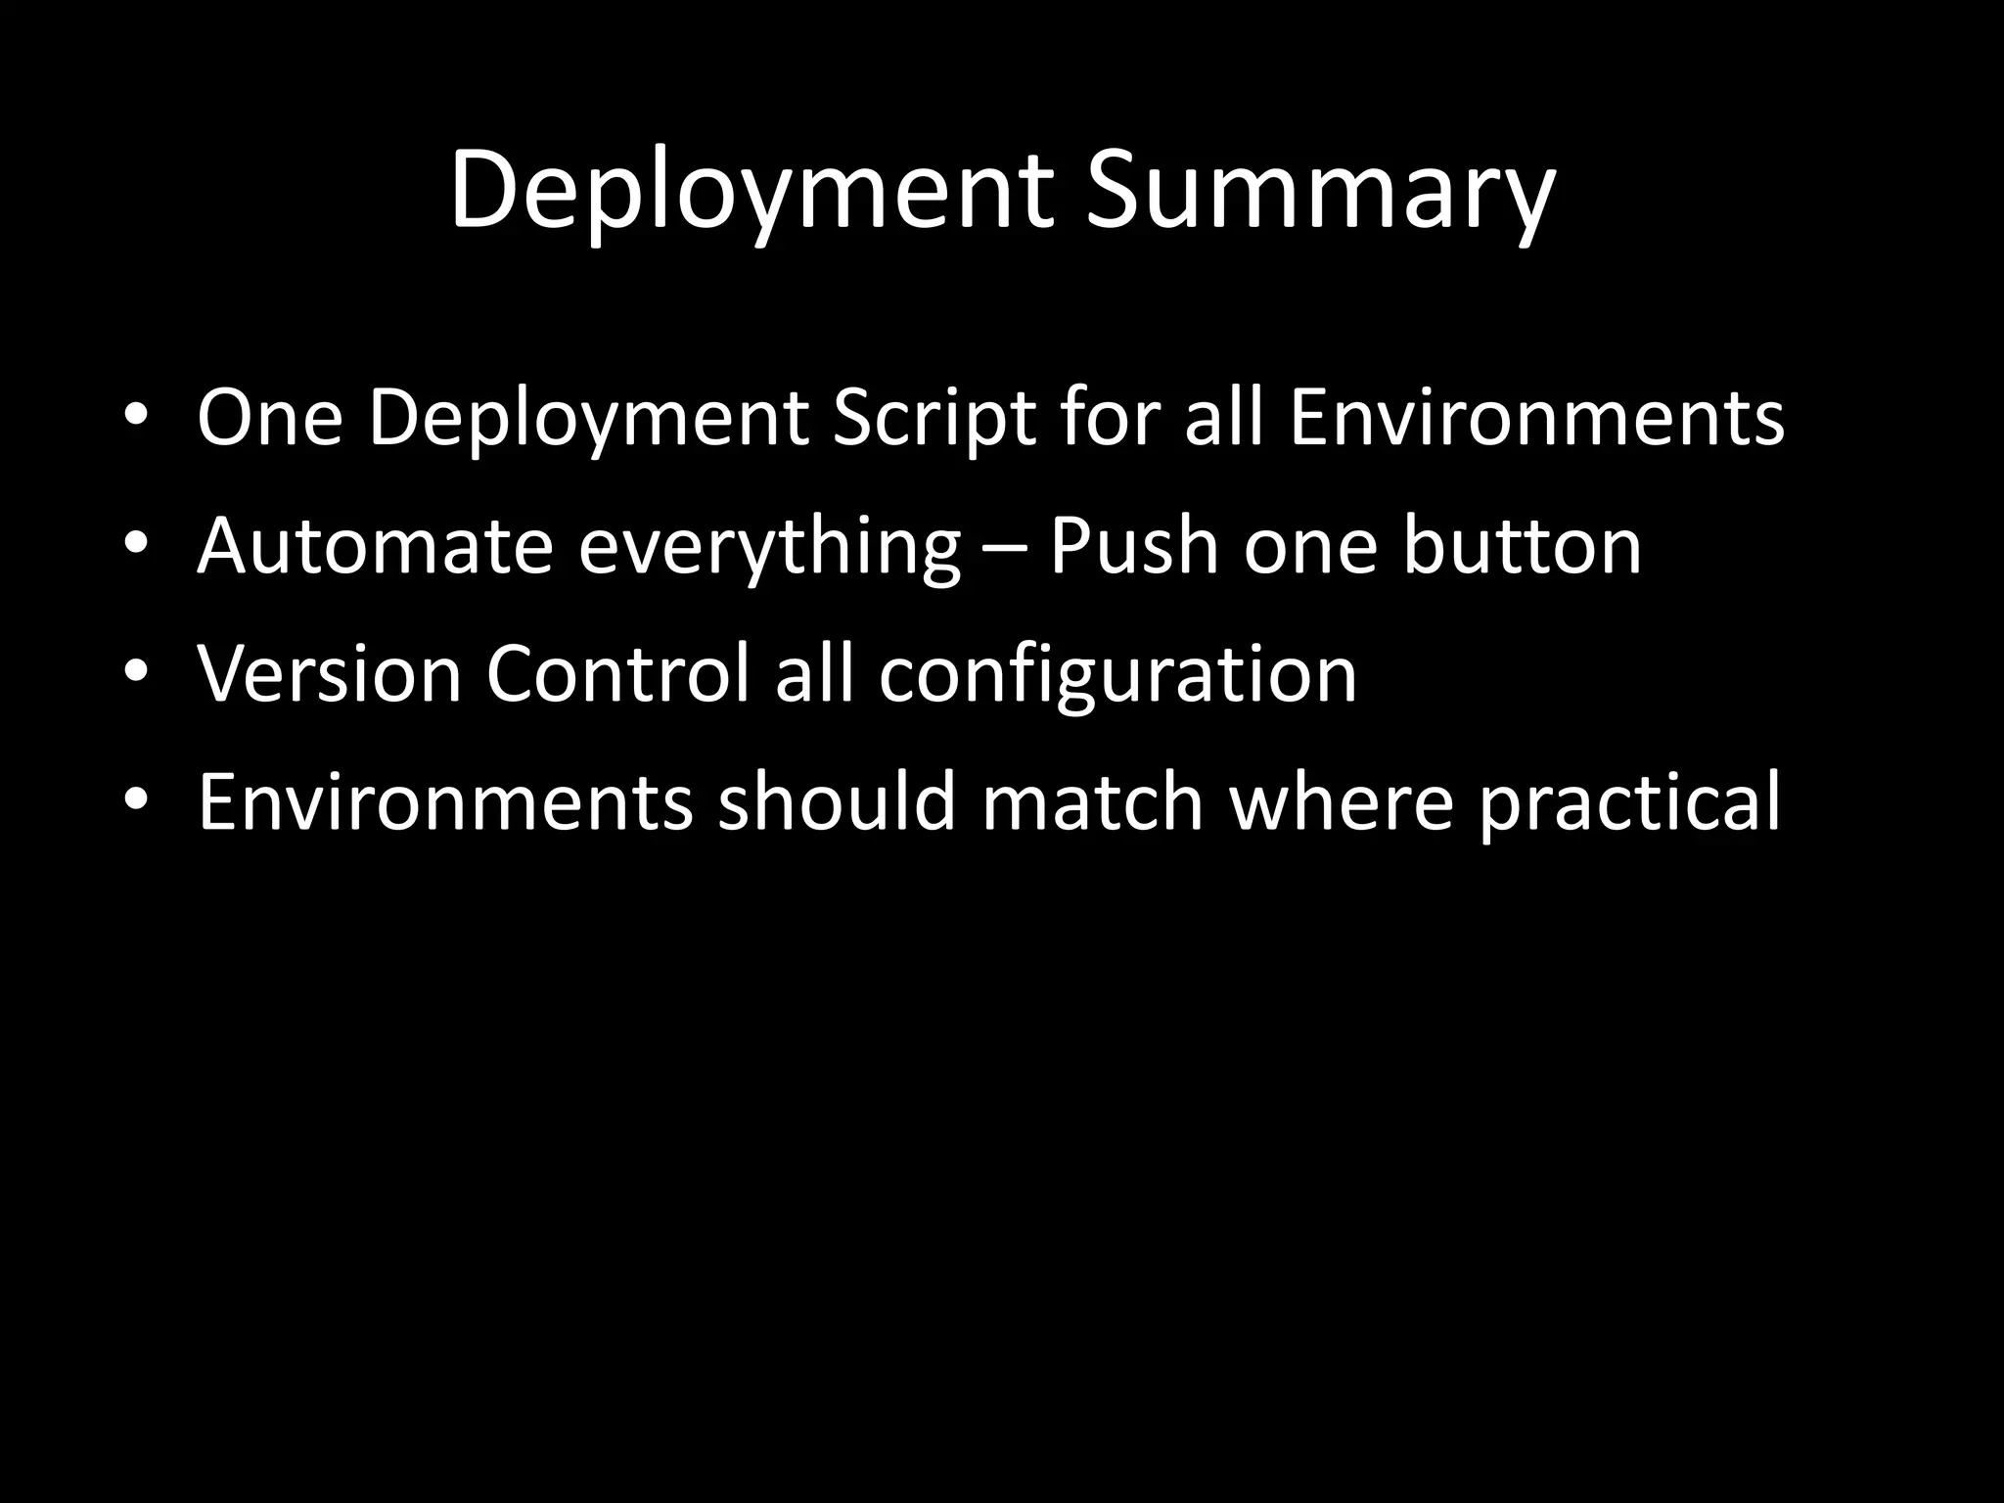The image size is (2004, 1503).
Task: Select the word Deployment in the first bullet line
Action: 588,419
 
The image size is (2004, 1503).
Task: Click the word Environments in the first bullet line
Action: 1536,419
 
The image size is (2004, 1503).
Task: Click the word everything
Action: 769,548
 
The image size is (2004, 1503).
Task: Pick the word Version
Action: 329,674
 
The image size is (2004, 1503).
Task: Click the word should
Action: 836,802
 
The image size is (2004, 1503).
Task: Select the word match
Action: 1092,802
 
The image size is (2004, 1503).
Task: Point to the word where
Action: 1341,802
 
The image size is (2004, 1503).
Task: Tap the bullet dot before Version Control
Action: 136,669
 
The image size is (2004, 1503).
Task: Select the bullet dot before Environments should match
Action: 136,798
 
